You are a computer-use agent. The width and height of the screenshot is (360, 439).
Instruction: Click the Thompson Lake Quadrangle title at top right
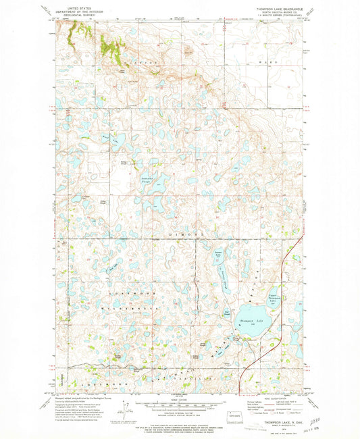[x=279, y=9]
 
